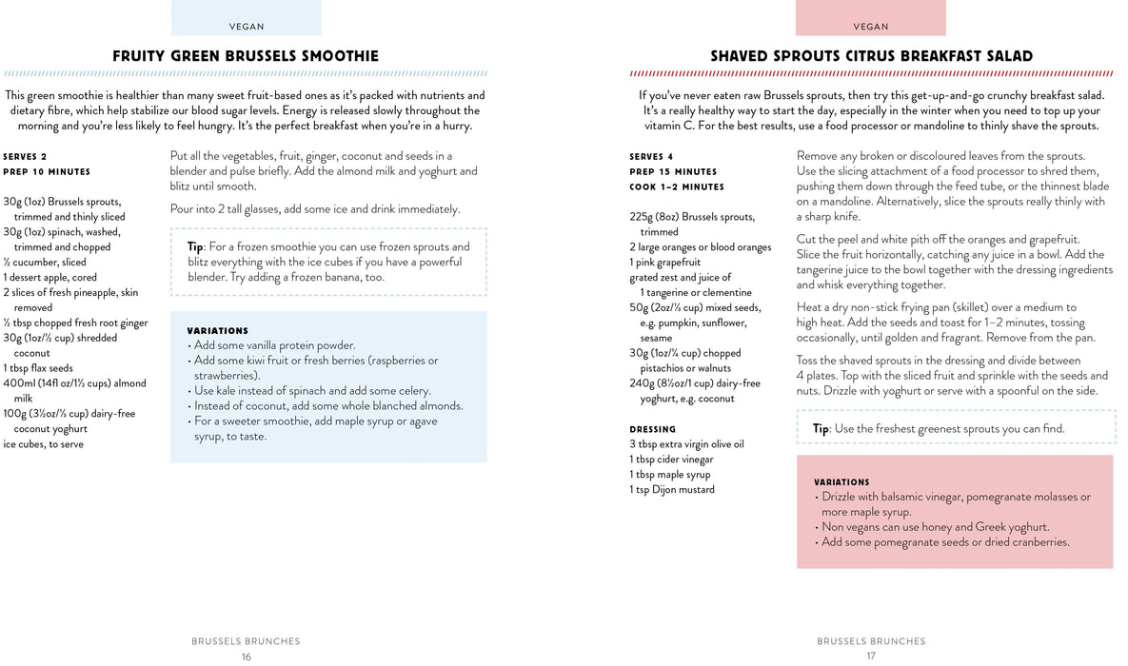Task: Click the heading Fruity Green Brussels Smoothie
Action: pos(246,56)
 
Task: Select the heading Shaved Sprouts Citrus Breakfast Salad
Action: pos(871,56)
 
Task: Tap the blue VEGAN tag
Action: pos(247,27)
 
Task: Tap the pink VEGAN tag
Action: pos(870,27)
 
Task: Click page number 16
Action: pos(246,656)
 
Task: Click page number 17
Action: pos(870,656)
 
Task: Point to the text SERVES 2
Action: pos(25,157)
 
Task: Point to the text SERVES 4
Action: pos(651,157)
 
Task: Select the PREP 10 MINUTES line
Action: pos(47,172)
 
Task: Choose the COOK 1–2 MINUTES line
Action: pos(677,187)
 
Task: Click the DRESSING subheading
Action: pos(652,429)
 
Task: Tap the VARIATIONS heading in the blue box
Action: pos(217,330)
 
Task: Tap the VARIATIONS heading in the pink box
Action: pos(841,482)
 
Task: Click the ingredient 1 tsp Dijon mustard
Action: pos(671,490)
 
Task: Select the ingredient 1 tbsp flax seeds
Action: pos(38,368)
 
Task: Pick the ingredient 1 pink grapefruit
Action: pos(664,262)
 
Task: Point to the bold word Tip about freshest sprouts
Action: pos(820,429)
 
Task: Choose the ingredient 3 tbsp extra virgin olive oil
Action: pos(686,444)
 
